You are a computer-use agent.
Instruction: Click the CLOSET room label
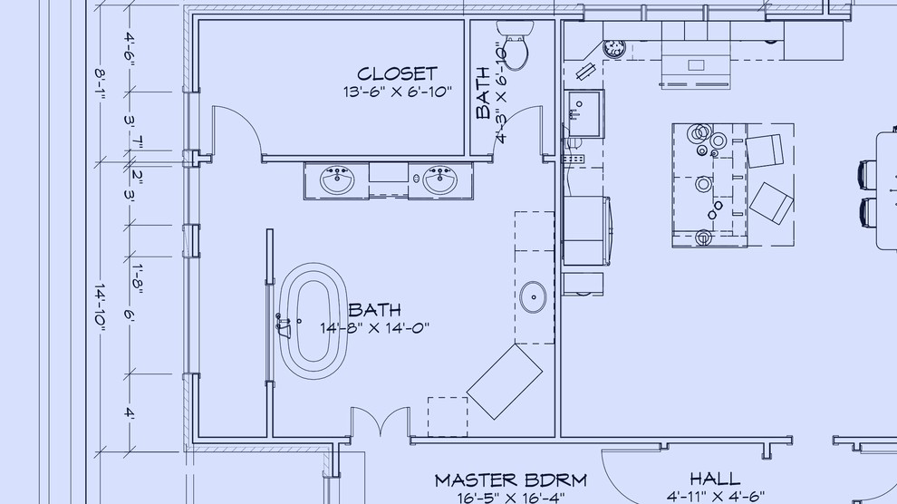(x=397, y=73)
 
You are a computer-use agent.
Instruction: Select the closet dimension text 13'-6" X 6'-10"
(x=397, y=92)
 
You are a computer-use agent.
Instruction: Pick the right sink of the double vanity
(x=441, y=180)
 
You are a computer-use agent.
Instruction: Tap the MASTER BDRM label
(x=510, y=480)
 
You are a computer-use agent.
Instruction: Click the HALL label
(x=715, y=479)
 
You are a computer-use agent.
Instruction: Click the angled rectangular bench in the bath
(x=505, y=382)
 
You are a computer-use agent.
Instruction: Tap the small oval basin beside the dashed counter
(x=533, y=297)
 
